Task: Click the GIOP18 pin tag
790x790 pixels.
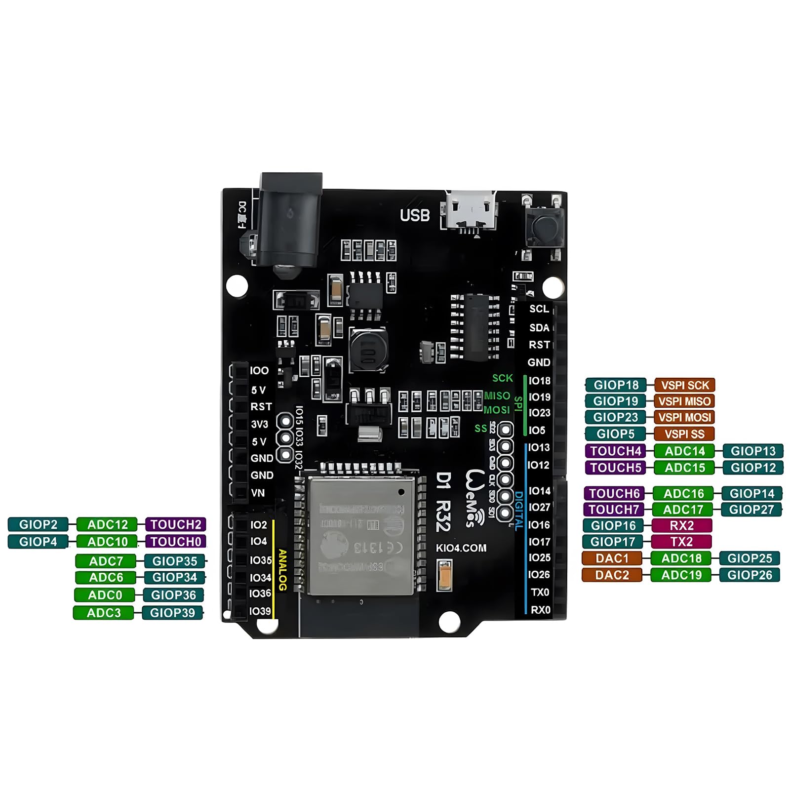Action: click(x=616, y=385)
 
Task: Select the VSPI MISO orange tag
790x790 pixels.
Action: click(x=684, y=401)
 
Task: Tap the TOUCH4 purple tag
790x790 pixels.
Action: click(x=616, y=451)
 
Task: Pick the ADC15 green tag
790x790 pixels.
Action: click(x=684, y=468)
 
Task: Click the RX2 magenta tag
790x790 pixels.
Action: click(x=682, y=525)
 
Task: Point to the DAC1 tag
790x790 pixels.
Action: click(x=612, y=558)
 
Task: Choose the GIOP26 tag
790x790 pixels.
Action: click(x=750, y=575)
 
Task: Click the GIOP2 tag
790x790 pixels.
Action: click(x=38, y=524)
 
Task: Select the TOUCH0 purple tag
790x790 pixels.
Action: click(x=176, y=542)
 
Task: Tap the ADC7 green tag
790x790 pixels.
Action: click(x=106, y=561)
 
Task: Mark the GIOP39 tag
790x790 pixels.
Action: click(x=172, y=613)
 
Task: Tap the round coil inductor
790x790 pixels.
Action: click(x=368, y=349)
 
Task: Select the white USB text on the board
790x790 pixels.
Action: click(x=415, y=216)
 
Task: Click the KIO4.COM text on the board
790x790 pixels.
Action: click(x=461, y=548)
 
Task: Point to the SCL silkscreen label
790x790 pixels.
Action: click(x=539, y=309)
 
